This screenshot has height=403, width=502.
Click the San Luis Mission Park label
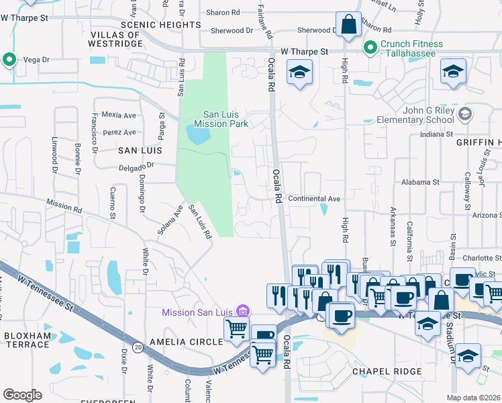221,119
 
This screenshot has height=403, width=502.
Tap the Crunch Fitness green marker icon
369,48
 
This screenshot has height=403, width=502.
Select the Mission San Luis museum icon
243,312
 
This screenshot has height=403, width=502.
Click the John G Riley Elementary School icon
464,114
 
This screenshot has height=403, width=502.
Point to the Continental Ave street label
314,199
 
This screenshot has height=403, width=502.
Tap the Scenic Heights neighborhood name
160,25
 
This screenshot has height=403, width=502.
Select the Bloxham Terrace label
27,339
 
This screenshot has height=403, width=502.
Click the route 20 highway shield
138,347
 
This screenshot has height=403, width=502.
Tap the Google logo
22,395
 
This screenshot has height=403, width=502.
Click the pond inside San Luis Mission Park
197,136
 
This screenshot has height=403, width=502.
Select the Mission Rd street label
64,206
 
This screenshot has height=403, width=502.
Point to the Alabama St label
420,182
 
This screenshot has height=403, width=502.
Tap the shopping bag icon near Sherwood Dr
349,26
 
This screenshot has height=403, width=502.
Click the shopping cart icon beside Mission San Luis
236,328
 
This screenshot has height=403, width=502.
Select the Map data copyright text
474,398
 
